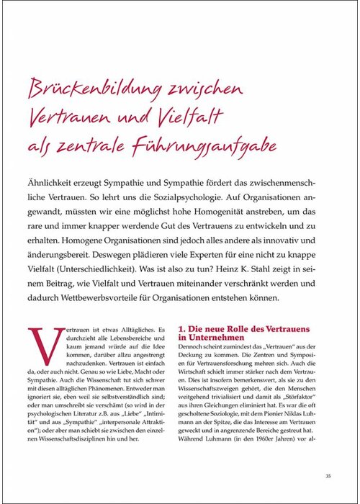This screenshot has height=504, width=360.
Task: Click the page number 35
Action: (x=328, y=474)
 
